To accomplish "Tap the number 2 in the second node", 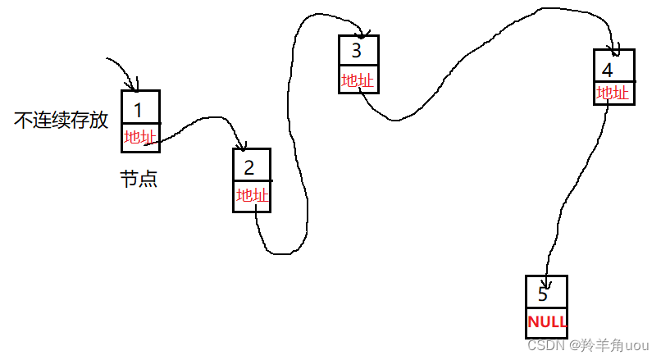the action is (x=249, y=167).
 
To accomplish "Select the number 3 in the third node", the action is (x=356, y=51).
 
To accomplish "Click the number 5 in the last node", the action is (x=542, y=293).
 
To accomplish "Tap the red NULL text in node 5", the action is (x=546, y=321).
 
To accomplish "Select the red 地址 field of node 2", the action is (x=252, y=195).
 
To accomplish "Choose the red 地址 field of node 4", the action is (x=613, y=93).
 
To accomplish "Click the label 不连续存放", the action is (x=62, y=121).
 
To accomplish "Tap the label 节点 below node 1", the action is (x=139, y=179).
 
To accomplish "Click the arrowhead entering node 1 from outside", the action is (x=135, y=86).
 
